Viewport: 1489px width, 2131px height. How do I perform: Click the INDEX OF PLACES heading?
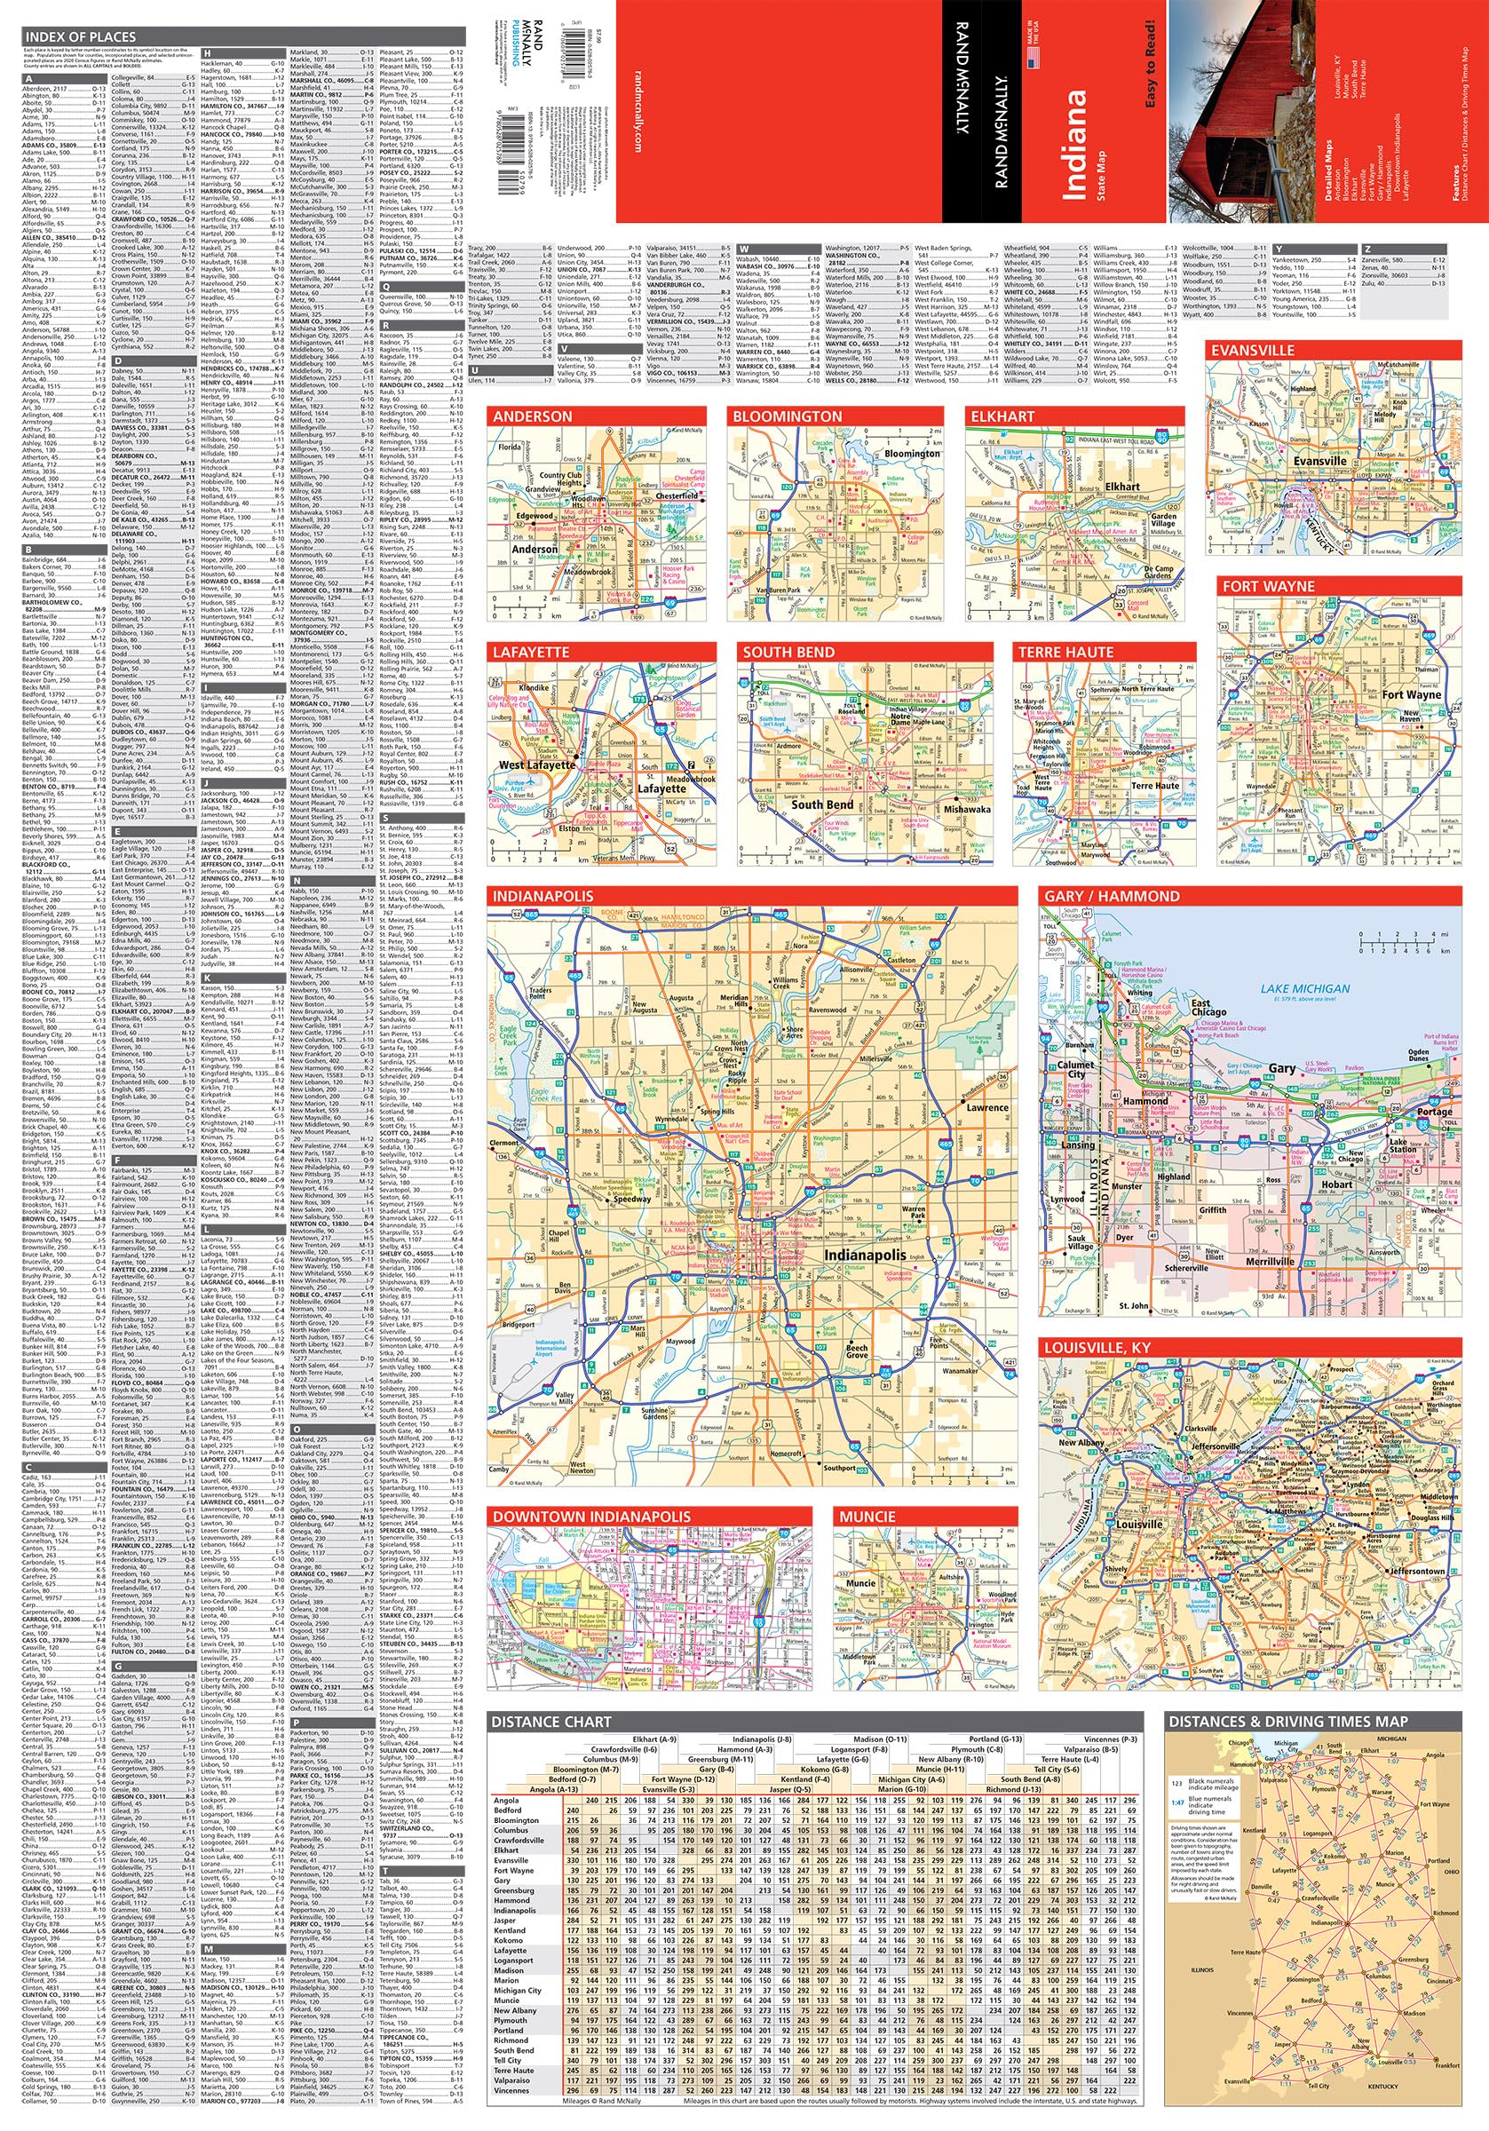click(81, 36)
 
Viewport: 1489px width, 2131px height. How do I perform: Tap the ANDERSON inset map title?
click(533, 416)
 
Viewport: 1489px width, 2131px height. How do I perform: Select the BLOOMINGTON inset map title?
click(787, 416)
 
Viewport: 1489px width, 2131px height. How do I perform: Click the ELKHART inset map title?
click(1002, 416)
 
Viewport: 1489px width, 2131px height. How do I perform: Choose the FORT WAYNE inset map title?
click(1268, 587)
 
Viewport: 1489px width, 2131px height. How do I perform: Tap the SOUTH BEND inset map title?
click(788, 653)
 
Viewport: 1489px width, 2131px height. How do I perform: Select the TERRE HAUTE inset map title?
click(1065, 653)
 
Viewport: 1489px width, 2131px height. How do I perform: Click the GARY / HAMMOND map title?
click(1111, 897)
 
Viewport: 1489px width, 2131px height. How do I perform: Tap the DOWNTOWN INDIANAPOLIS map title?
click(591, 1517)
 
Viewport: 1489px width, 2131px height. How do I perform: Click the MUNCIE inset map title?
click(867, 1517)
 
